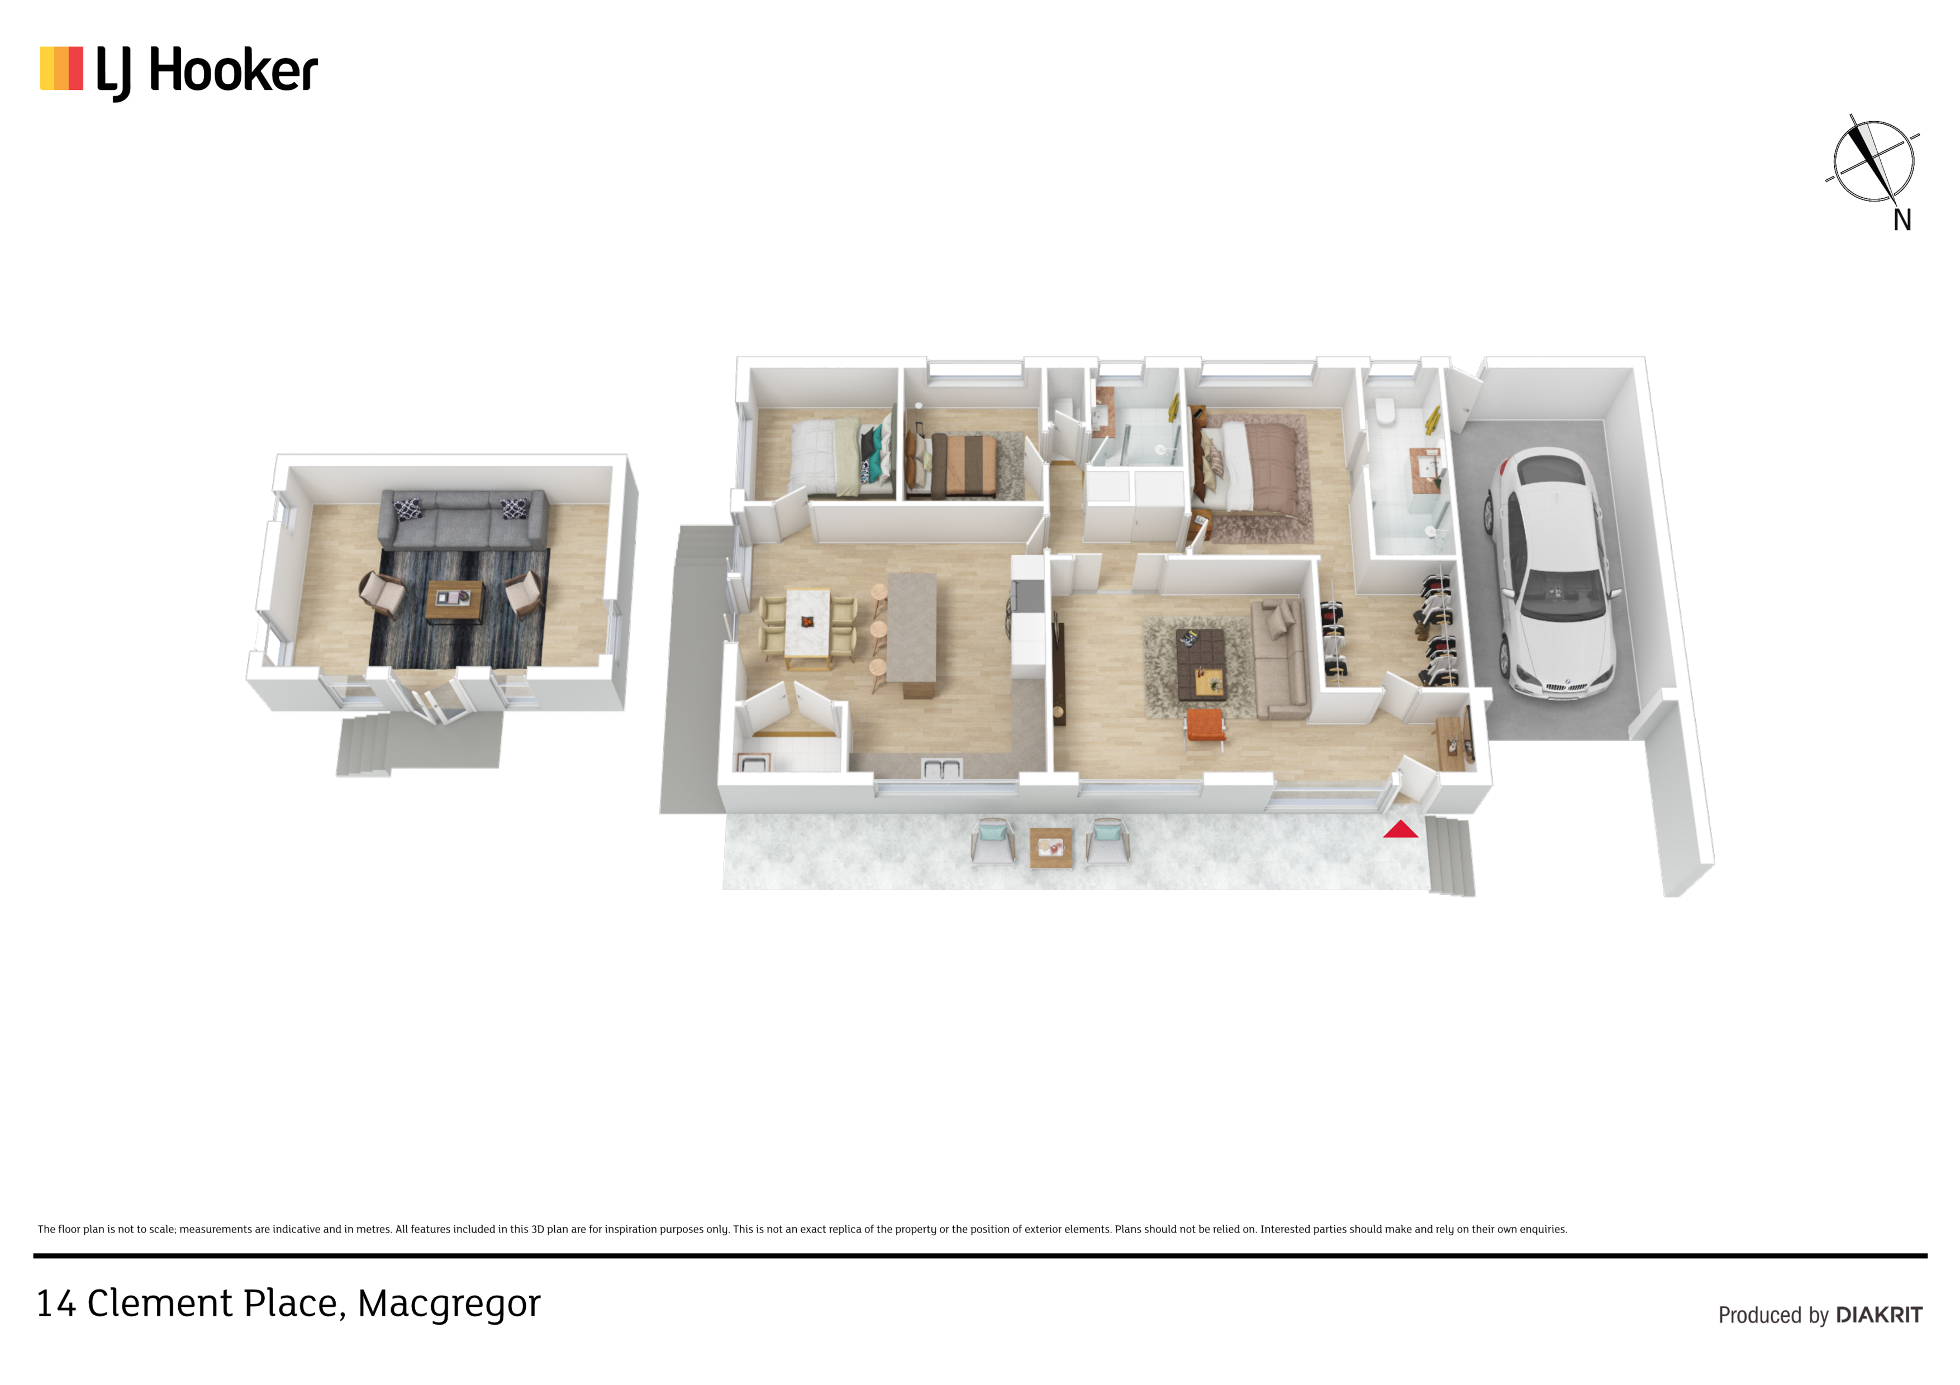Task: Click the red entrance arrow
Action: [x=1400, y=829]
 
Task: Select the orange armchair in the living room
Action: [x=1205, y=728]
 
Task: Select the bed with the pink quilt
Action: [x=1252, y=465]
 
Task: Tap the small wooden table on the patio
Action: [x=1051, y=848]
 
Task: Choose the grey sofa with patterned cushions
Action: [x=463, y=518]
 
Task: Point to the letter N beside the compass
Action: [x=1902, y=220]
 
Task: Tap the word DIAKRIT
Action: [x=1879, y=1315]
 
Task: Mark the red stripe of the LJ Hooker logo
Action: [x=75, y=68]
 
